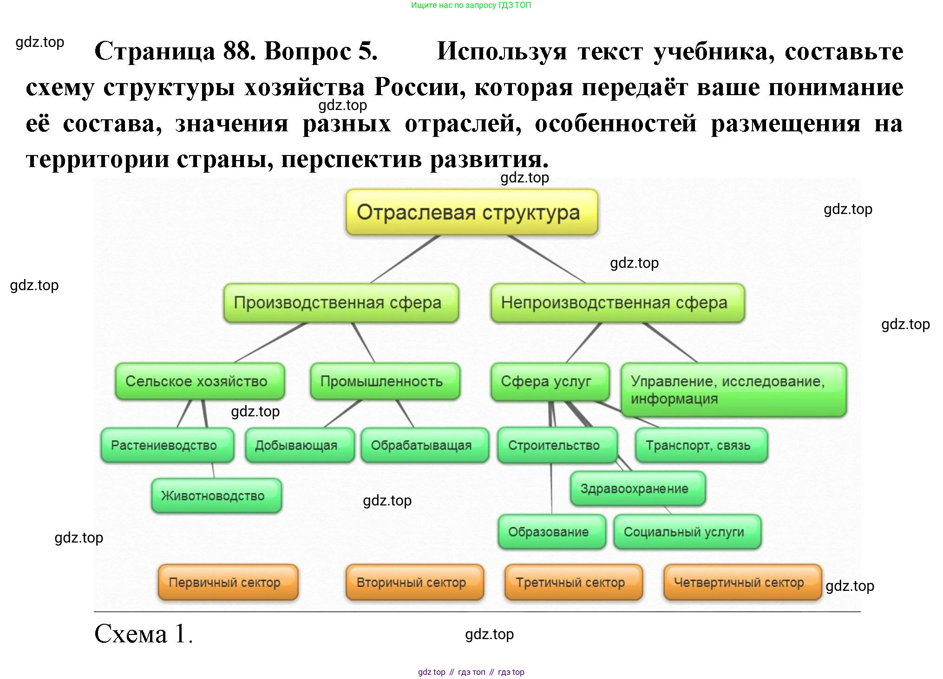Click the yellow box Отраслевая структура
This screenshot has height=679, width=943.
(471, 212)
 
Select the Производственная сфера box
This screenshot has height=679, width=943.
(341, 303)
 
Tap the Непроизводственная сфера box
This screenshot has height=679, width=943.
(617, 303)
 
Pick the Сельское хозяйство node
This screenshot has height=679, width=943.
(200, 381)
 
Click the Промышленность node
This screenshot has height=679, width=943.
(385, 381)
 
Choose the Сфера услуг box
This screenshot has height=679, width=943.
(550, 381)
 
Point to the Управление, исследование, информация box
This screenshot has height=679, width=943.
(733, 389)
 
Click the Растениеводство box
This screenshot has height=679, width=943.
(167, 445)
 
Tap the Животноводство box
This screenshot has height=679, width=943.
(216, 496)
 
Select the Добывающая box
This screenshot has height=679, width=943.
(300, 445)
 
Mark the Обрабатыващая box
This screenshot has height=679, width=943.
(425, 445)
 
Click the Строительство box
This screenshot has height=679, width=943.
(557, 445)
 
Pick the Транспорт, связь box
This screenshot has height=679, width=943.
(701, 445)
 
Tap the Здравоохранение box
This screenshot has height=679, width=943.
(637, 488)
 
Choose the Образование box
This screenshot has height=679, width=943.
(551, 532)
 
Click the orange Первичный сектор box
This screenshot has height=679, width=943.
(228, 582)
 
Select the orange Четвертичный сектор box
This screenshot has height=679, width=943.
(742, 582)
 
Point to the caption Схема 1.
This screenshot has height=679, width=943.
(143, 634)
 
